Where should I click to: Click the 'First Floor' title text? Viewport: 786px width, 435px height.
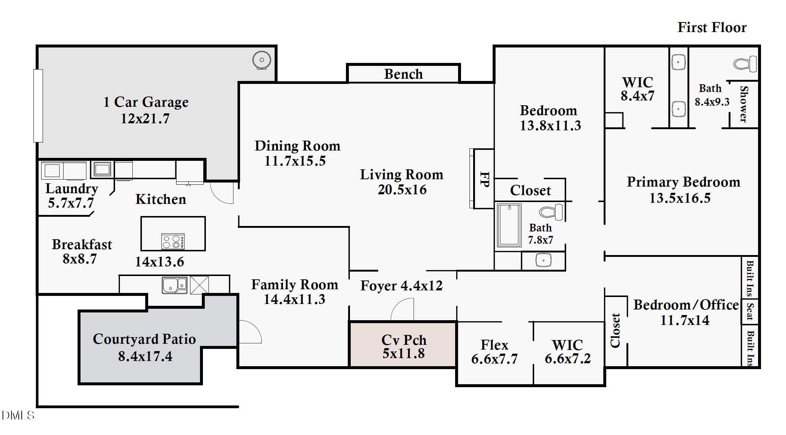[x=712, y=28]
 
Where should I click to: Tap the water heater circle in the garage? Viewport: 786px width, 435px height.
[x=261, y=60]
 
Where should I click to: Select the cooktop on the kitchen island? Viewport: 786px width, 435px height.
[x=173, y=241]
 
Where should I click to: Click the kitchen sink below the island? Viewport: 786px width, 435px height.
[x=174, y=285]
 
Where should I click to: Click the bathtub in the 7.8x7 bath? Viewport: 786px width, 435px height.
[x=509, y=225]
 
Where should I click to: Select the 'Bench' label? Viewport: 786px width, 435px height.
[x=403, y=74]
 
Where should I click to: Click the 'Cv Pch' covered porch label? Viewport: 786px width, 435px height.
[x=404, y=340]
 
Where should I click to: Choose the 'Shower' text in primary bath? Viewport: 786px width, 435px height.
[x=743, y=104]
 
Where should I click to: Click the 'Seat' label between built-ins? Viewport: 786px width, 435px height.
[x=750, y=312]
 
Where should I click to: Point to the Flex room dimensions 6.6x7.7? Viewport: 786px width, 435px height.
[x=494, y=359]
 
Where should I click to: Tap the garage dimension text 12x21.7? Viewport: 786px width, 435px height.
[x=145, y=119]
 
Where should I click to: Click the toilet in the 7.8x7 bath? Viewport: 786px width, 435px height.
[x=550, y=212]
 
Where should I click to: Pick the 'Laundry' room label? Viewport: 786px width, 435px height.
[x=72, y=188]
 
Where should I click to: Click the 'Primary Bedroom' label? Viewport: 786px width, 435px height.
[x=683, y=182]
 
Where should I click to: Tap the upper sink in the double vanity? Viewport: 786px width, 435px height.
[x=678, y=62]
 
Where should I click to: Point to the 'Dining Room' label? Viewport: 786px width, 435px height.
[x=297, y=146]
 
